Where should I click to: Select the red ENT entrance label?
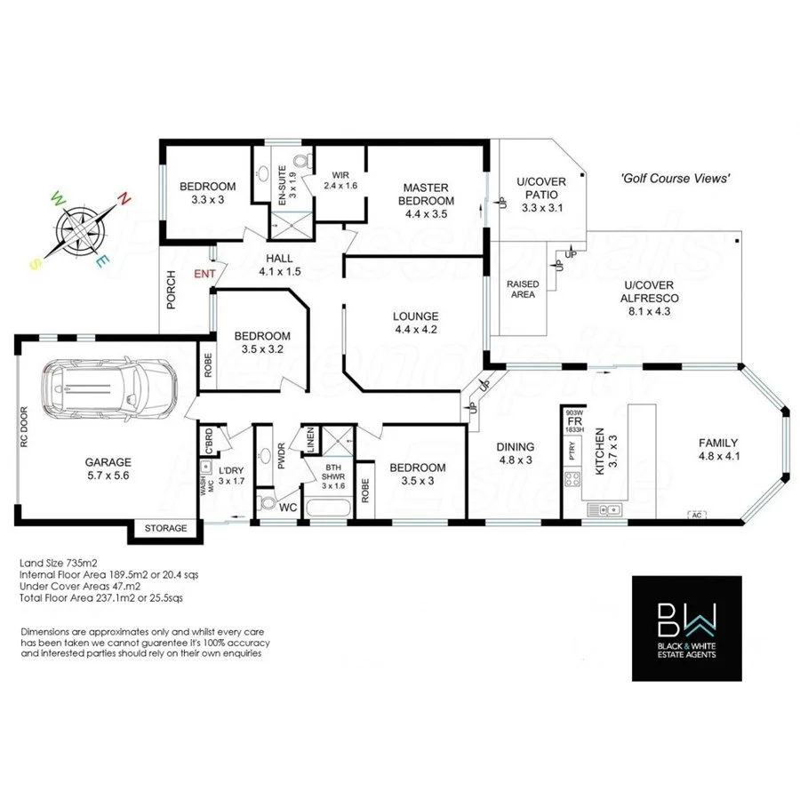[x=204, y=274]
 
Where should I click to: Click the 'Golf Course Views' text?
[x=676, y=179]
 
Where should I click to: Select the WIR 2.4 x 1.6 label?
[x=339, y=180]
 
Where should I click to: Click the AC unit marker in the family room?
[x=698, y=514]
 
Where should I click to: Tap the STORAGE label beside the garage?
[x=166, y=528]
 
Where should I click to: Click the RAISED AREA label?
[x=524, y=290]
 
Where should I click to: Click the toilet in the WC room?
[x=266, y=504]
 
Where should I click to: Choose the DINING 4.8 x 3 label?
[x=516, y=453]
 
